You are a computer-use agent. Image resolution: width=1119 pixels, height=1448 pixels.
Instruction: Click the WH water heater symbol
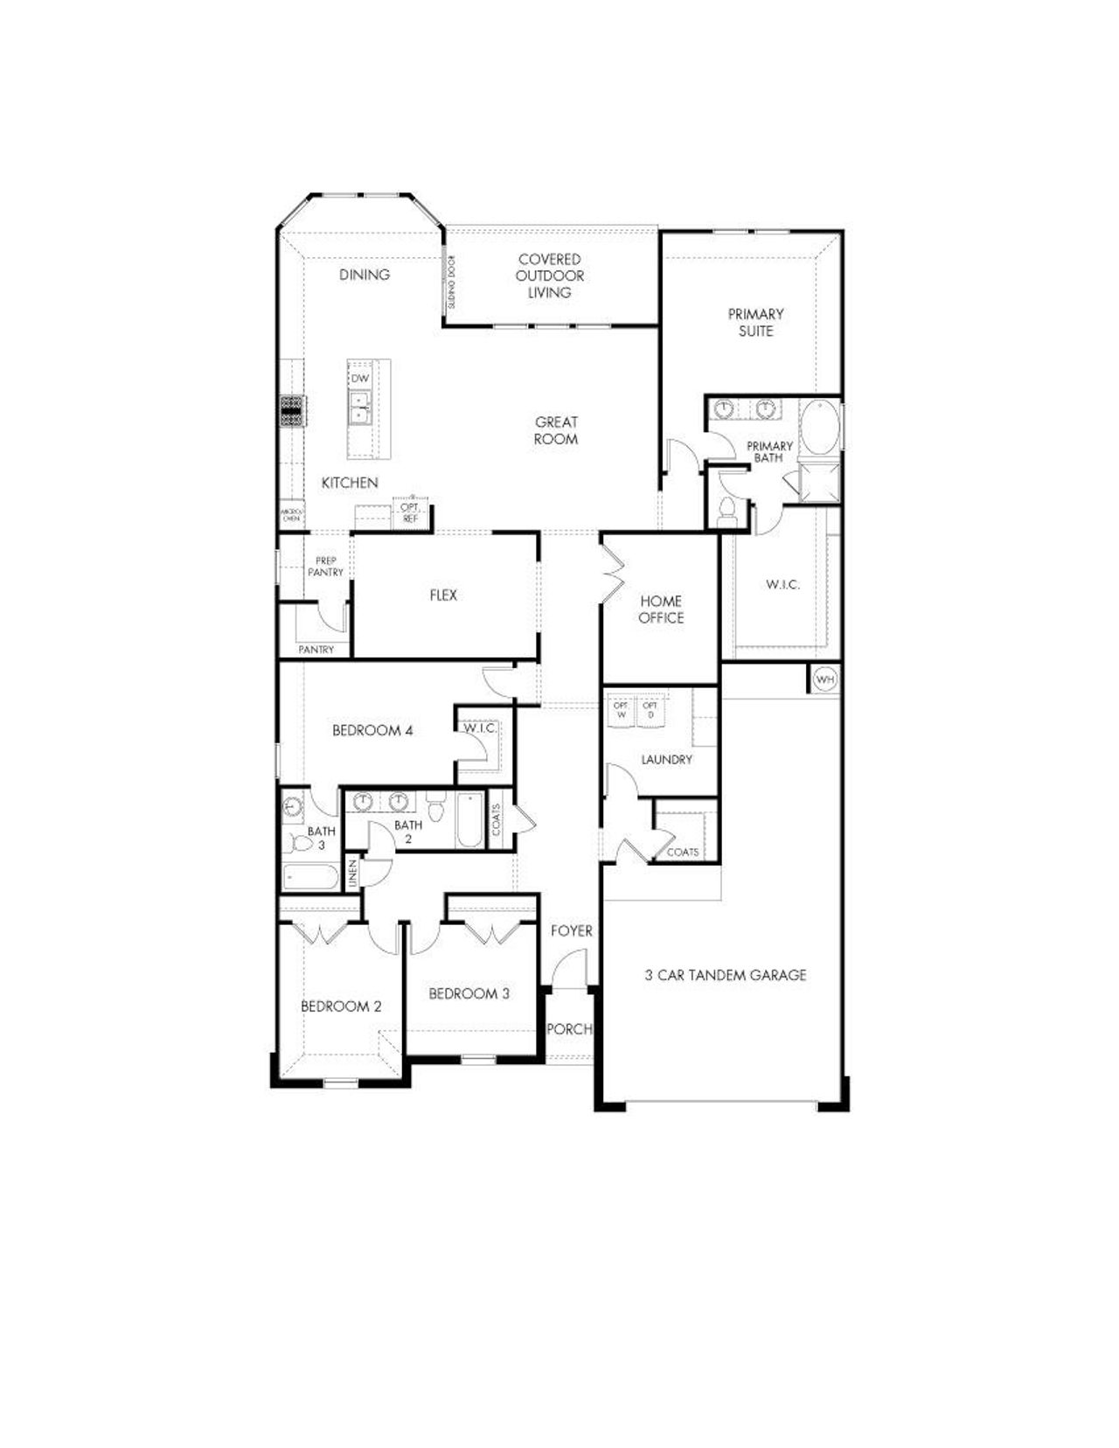[825, 679]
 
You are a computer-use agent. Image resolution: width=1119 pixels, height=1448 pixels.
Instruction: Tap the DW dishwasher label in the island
[360, 378]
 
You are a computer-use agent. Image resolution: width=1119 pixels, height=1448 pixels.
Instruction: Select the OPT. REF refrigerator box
[410, 513]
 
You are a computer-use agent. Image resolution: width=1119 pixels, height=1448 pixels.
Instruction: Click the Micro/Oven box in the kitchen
[290, 514]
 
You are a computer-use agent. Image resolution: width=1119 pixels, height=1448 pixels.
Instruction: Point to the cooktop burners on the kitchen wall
[291, 410]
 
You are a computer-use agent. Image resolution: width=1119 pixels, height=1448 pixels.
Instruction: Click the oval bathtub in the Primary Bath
[820, 428]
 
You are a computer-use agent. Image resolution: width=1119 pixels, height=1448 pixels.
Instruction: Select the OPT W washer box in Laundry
[622, 710]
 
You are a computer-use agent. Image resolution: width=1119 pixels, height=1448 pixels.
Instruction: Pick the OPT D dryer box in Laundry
[650, 710]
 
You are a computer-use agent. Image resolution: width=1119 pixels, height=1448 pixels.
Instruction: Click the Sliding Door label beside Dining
[451, 282]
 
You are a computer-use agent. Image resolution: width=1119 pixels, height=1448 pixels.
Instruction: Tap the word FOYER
[571, 931]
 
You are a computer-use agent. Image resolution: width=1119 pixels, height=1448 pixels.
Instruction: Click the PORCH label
[569, 1029]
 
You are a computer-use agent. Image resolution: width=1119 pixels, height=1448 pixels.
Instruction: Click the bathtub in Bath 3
[310, 877]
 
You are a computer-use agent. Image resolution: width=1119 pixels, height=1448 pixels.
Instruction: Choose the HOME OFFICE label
[661, 609]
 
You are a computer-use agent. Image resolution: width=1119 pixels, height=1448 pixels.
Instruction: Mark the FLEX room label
[443, 595]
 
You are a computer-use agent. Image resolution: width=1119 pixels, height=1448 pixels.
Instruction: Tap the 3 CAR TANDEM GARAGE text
[726, 975]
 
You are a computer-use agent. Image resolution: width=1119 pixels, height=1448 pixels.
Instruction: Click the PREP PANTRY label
[325, 567]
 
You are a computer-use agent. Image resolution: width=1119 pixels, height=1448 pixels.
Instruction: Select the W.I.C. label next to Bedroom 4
[480, 727]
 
